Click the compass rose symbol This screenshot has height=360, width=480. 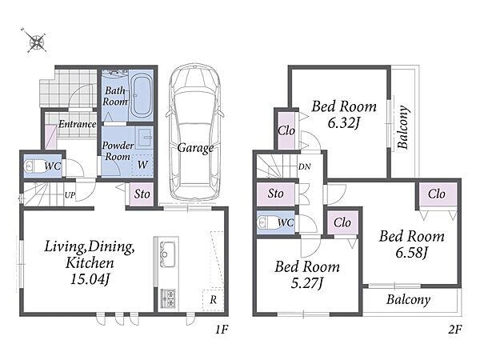pos(37,41)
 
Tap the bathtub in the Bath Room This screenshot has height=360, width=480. pos(142,95)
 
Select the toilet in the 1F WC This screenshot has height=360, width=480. pos(32,166)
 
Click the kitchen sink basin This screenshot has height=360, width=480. pos(166,254)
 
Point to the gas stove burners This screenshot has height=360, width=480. pos(168,298)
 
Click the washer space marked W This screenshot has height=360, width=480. pos(142,165)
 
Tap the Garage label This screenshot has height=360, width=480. pos(195,148)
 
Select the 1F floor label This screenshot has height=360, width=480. pos(222,330)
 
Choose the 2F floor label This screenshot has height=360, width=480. pos(455,330)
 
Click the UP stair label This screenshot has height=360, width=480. pos(70,194)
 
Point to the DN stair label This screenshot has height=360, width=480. pos(304,167)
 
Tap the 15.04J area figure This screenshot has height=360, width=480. pos(90,279)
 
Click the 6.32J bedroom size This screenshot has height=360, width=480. pos(343,123)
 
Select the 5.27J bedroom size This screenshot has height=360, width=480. pos(307,283)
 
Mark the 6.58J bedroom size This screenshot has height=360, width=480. pos(411,253)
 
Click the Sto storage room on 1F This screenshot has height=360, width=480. pos(142,194)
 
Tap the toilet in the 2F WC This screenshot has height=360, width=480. pos(266,222)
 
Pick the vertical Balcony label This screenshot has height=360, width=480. pos(403,127)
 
